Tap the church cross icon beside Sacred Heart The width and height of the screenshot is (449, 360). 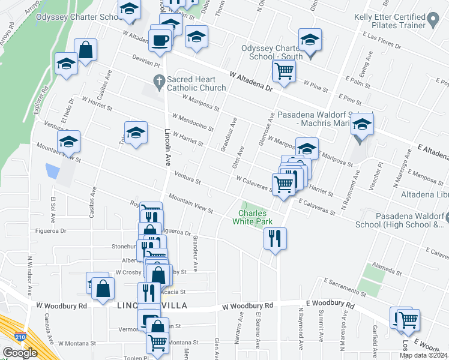[159, 80]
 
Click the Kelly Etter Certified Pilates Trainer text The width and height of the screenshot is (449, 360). [388, 22]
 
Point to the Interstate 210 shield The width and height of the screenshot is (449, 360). [21, 338]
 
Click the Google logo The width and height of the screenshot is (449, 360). [20, 353]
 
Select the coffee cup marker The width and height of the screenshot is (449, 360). [160, 40]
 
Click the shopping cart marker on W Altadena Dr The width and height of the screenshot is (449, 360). [283, 70]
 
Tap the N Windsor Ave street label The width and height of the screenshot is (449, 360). [29, 277]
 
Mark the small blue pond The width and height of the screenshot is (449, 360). [52, 171]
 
